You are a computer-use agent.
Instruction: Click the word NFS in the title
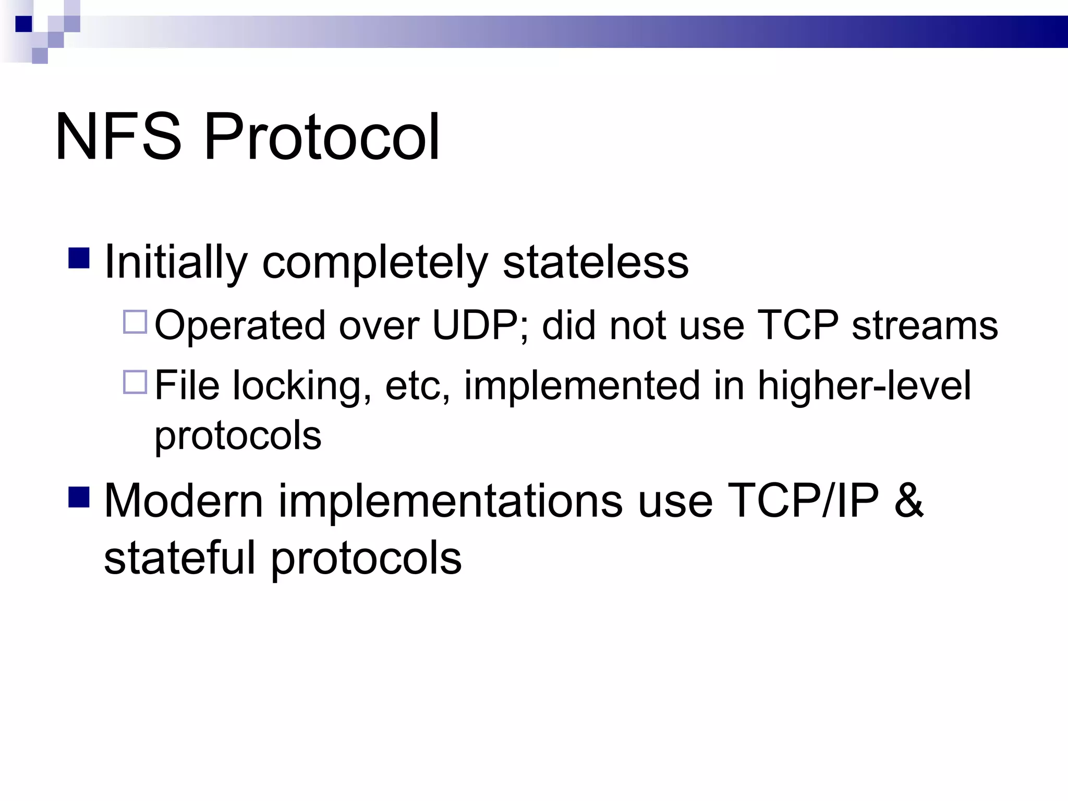[118, 137]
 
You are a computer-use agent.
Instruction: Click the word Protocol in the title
[322, 137]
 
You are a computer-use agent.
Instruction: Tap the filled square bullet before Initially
[79, 258]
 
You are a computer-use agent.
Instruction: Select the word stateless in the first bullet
[595, 262]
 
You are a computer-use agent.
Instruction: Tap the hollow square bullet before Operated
[135, 322]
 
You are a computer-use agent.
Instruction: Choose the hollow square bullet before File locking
[135, 382]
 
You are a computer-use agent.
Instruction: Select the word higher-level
[864, 386]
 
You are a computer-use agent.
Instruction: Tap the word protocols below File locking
[238, 436]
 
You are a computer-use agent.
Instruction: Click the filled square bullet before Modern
[79, 496]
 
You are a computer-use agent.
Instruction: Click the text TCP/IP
[803, 501]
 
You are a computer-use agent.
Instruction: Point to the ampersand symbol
[908, 501]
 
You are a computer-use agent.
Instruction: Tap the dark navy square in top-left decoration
[23, 24]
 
